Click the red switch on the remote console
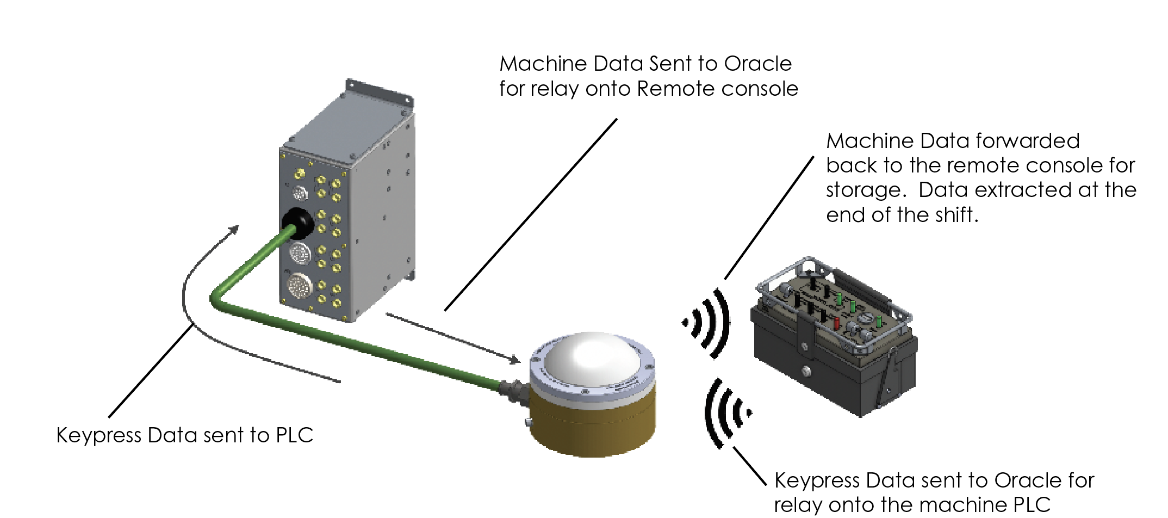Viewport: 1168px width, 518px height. coord(836,324)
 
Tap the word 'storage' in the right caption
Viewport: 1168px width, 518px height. coord(866,190)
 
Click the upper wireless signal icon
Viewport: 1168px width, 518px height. coord(707,324)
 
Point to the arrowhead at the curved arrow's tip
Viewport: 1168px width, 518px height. coord(234,229)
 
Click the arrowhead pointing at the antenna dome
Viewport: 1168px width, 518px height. coord(513,359)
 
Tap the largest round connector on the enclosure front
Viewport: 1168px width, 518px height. coord(299,286)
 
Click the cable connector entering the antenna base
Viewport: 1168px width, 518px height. coord(514,391)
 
